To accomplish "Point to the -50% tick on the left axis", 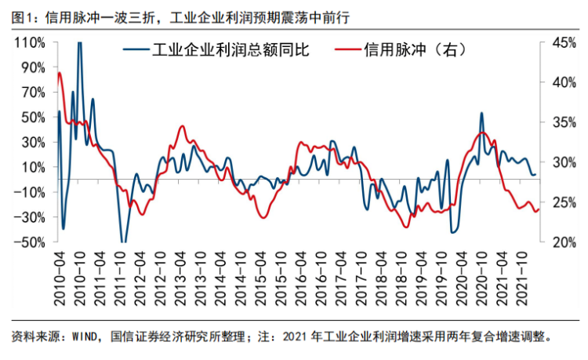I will tap(29, 242).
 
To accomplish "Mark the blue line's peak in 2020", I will tap(481, 113).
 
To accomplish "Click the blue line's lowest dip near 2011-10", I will tap(123, 241).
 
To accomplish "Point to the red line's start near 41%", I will tap(60, 73).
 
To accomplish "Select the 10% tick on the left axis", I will tap(29, 166).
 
